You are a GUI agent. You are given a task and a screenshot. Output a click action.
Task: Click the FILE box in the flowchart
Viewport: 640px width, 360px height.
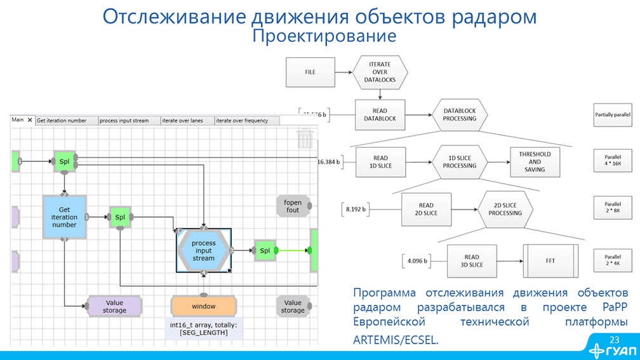(x=310, y=72)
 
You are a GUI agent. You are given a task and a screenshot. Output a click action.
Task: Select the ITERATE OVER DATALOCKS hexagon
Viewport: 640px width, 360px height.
(x=380, y=72)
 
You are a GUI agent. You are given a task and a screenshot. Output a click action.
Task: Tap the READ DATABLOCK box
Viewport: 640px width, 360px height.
(x=380, y=115)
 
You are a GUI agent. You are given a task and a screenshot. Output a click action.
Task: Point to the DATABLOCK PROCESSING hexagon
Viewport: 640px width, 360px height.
(x=460, y=115)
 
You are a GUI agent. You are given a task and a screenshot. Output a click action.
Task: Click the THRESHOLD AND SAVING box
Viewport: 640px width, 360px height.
(x=535, y=162)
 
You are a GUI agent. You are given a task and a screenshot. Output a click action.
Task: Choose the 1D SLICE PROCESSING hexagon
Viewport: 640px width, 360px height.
(x=459, y=162)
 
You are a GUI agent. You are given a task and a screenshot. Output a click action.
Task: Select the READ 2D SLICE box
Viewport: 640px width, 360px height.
(x=426, y=209)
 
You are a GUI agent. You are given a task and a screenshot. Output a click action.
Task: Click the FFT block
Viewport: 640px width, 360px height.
(x=550, y=260)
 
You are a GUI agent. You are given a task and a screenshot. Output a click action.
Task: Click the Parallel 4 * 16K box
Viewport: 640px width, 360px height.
(x=612, y=162)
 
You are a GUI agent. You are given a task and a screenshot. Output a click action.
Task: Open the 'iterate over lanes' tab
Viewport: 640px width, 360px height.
(x=187, y=121)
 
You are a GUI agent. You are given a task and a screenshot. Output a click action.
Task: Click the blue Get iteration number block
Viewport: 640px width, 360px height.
(x=63, y=217)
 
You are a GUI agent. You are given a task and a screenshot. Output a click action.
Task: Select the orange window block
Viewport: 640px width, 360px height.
(x=203, y=306)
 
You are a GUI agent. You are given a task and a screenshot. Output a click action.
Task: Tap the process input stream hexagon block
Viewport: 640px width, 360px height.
(x=203, y=251)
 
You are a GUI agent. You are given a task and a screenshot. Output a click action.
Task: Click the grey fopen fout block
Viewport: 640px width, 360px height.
(x=292, y=206)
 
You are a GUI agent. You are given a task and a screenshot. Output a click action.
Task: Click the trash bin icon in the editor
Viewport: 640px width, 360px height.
(x=305, y=138)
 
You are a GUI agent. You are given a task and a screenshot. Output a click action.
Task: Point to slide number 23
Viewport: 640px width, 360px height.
(x=614, y=339)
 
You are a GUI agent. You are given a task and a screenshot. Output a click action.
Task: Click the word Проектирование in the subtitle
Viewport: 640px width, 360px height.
(x=324, y=36)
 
